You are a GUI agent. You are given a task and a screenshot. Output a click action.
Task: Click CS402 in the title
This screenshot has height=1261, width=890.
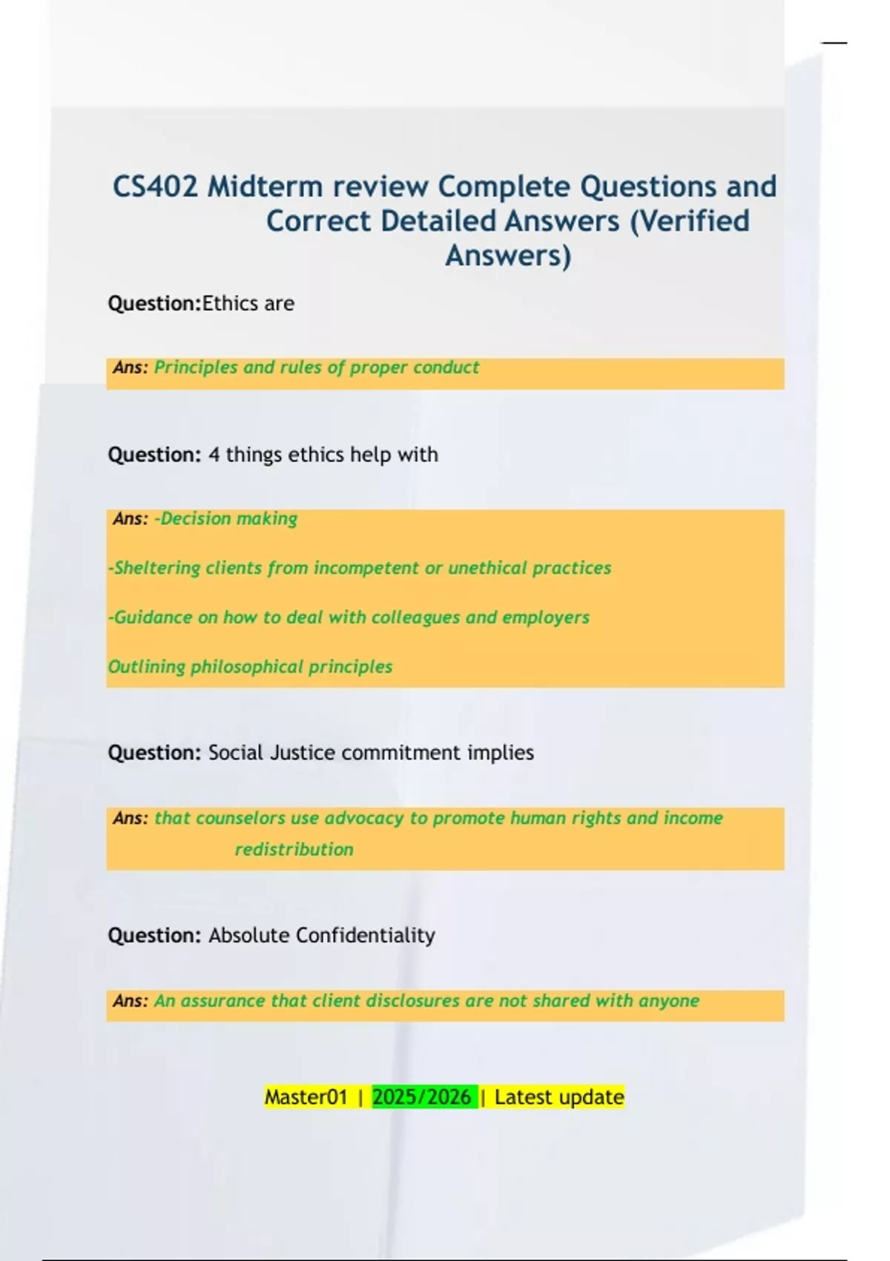pyautogui.click(x=156, y=186)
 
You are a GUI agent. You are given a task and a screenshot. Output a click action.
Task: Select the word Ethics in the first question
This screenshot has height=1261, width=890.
pyautogui.click(x=226, y=303)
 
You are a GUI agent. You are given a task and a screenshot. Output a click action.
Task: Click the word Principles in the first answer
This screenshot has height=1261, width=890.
pyautogui.click(x=196, y=367)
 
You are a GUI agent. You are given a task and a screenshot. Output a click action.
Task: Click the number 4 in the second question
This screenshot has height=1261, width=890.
pyautogui.click(x=214, y=455)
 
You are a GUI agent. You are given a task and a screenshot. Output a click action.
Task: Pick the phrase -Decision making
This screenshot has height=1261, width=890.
pyautogui.click(x=225, y=518)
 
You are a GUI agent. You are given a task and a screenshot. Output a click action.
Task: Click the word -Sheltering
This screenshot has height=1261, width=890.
pyautogui.click(x=154, y=568)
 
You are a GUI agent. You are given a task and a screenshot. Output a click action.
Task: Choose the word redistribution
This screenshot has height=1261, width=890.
pyautogui.click(x=294, y=849)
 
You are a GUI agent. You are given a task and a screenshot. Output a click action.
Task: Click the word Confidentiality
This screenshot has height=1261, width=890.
pyautogui.click(x=365, y=935)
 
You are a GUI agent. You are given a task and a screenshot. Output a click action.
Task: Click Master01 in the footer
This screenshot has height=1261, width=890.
pyautogui.click(x=306, y=1097)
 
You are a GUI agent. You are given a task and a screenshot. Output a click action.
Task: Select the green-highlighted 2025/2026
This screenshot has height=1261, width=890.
pyautogui.click(x=422, y=1097)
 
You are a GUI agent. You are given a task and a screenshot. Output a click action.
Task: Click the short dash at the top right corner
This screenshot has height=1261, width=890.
pyautogui.click(x=834, y=43)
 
